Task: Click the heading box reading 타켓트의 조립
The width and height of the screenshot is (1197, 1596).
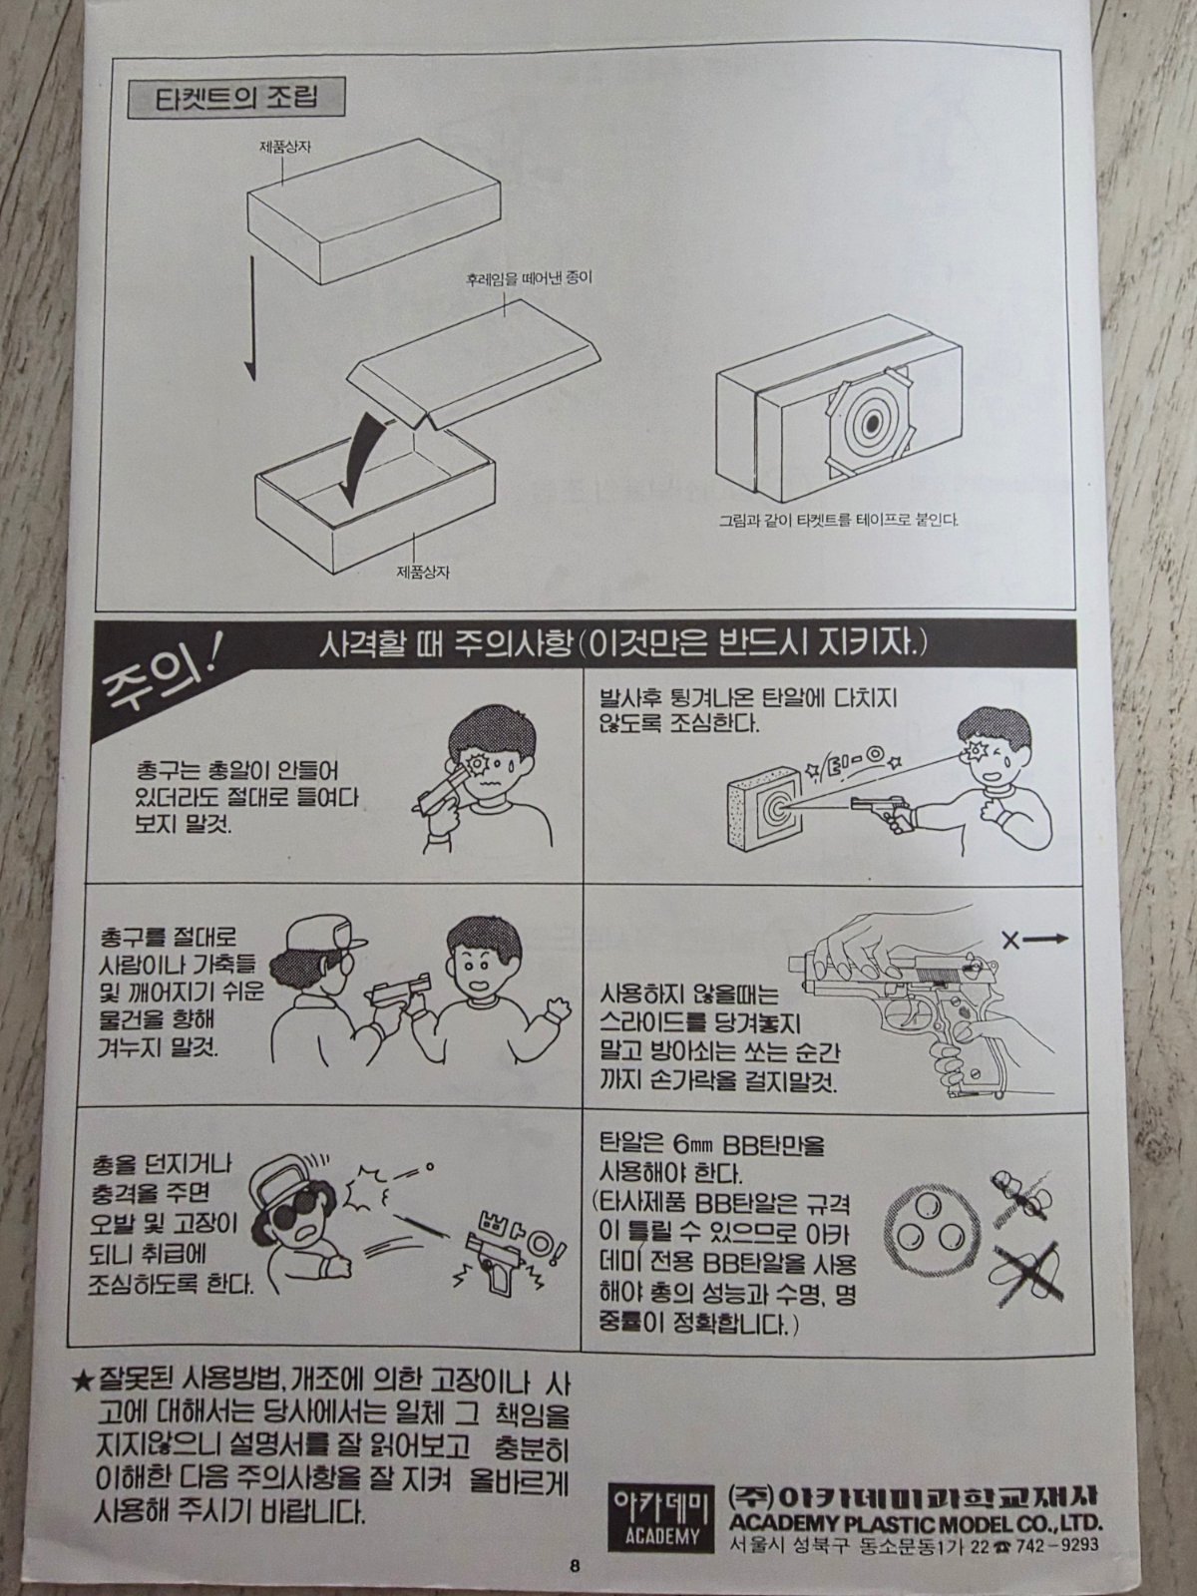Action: tap(235, 99)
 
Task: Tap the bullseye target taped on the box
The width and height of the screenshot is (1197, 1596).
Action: tap(869, 423)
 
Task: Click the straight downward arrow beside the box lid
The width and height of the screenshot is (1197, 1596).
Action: tap(250, 318)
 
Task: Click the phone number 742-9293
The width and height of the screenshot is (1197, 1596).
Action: tap(1054, 1543)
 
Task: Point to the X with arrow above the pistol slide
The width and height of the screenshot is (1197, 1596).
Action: tap(1035, 941)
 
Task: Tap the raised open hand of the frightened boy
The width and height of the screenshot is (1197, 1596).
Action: tap(559, 1010)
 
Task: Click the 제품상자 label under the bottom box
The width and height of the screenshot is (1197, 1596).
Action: tap(422, 572)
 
